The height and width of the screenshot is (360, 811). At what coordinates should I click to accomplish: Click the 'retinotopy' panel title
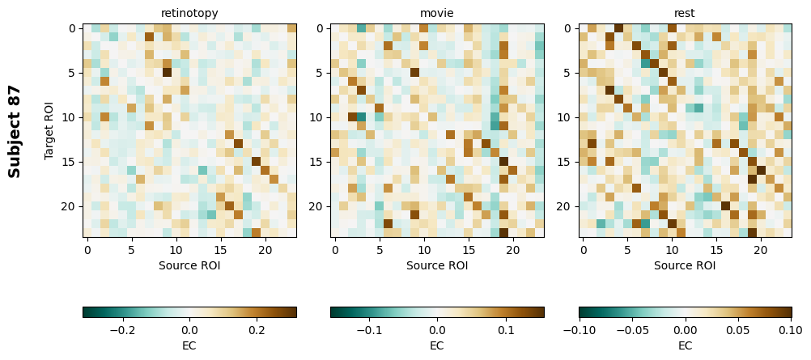[189, 13]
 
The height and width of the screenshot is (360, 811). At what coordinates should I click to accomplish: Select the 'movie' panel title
[437, 13]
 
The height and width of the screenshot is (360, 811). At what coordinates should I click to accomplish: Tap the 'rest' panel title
[685, 13]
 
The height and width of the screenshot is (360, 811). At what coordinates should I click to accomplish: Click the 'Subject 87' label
[15, 131]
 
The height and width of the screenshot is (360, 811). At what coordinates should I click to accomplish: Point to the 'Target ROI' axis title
[50, 131]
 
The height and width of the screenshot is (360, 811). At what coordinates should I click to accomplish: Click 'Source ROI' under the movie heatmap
[437, 265]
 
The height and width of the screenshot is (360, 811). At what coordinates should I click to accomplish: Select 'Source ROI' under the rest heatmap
[685, 265]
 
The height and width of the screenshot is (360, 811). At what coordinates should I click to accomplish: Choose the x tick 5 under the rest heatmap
[627, 251]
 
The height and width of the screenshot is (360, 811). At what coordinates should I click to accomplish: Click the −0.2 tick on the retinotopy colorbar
[121, 330]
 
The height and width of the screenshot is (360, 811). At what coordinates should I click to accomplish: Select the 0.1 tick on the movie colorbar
[506, 330]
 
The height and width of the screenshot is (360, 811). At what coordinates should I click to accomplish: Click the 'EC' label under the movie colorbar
[437, 345]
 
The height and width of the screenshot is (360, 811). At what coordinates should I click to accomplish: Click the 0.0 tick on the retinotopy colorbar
[189, 330]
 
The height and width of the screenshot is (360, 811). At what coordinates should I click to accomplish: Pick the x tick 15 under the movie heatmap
[469, 251]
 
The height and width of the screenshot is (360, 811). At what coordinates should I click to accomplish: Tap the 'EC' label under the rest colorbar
[685, 345]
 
